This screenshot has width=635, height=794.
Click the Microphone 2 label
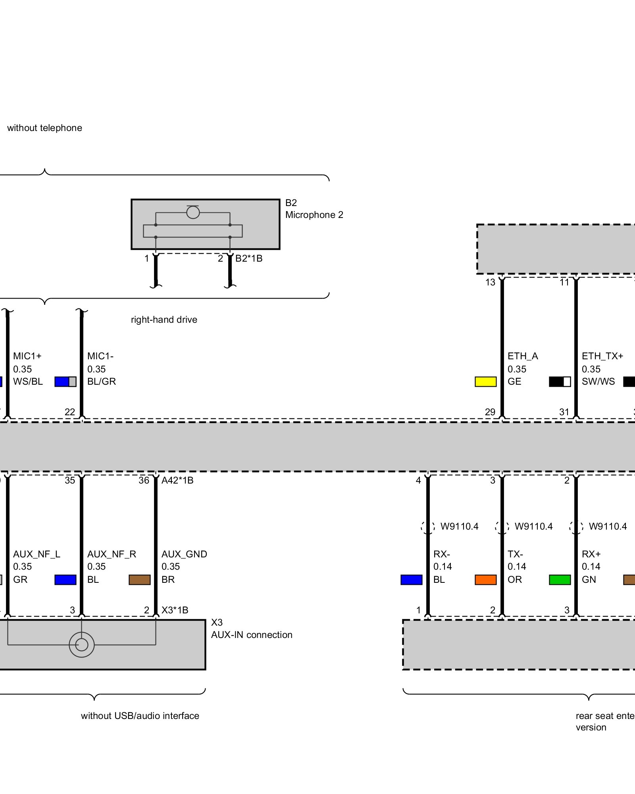[314, 215]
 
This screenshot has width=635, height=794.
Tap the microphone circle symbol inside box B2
[193, 212]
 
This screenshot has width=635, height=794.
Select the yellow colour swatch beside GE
[485, 382]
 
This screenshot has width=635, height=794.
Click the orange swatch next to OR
[485, 580]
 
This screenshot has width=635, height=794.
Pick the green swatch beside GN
[560, 580]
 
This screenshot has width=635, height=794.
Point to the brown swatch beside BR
[139, 580]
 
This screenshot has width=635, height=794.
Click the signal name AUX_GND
[184, 554]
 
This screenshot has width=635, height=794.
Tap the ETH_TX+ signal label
[602, 356]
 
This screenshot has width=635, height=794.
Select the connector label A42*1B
[177, 480]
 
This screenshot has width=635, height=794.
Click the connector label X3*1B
[175, 610]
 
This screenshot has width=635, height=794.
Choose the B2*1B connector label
[249, 258]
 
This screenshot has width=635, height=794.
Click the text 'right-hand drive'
[164, 320]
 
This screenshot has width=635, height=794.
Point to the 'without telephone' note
[44, 128]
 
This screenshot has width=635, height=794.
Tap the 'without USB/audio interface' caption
[140, 716]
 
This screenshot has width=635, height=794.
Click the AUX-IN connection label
[252, 635]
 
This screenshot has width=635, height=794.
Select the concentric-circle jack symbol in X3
[81, 645]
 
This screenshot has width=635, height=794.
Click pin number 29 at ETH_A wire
[490, 412]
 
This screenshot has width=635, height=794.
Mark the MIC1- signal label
[100, 356]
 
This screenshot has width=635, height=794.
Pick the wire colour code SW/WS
[598, 382]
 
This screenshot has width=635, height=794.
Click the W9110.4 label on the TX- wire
[533, 526]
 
